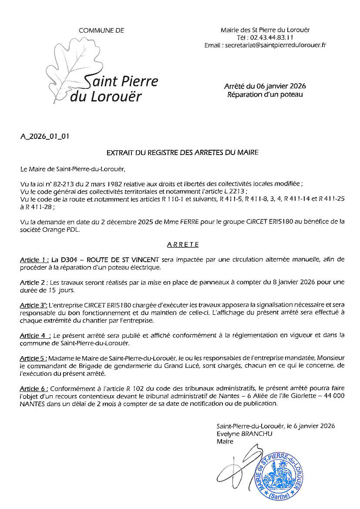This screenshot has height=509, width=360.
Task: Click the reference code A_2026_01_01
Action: click(x=45, y=136)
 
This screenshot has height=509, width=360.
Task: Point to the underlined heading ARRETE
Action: click(x=183, y=245)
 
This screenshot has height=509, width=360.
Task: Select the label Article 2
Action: click(x=33, y=282)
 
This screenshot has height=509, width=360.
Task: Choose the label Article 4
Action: click(x=34, y=335)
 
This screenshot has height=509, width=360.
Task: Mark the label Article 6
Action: click(x=34, y=388)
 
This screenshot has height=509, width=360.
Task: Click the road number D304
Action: click(x=67, y=260)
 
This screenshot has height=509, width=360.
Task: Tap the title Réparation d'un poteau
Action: click(x=265, y=94)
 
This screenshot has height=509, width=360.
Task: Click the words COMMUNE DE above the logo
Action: click(x=101, y=30)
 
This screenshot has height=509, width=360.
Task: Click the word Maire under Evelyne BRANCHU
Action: click(x=225, y=442)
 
